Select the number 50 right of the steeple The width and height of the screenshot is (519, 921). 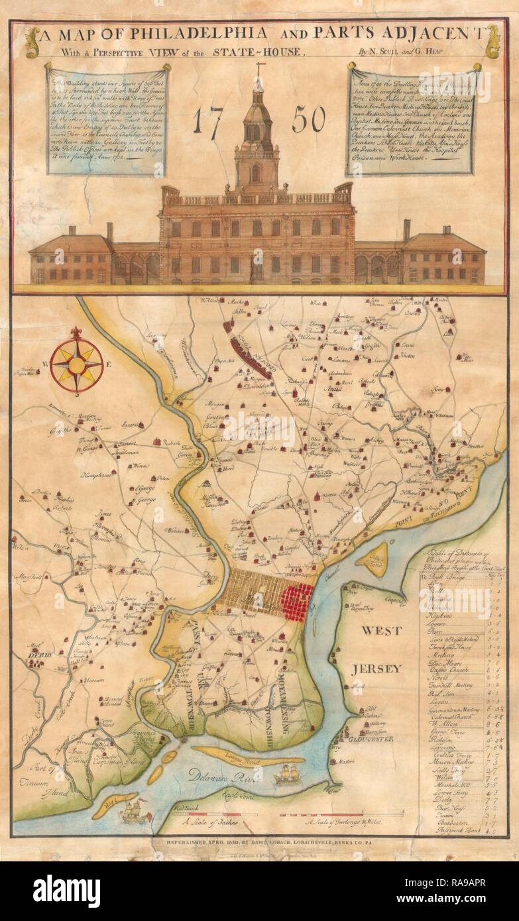click(x=306, y=119)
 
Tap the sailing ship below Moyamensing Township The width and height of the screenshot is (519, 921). click(x=289, y=773)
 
